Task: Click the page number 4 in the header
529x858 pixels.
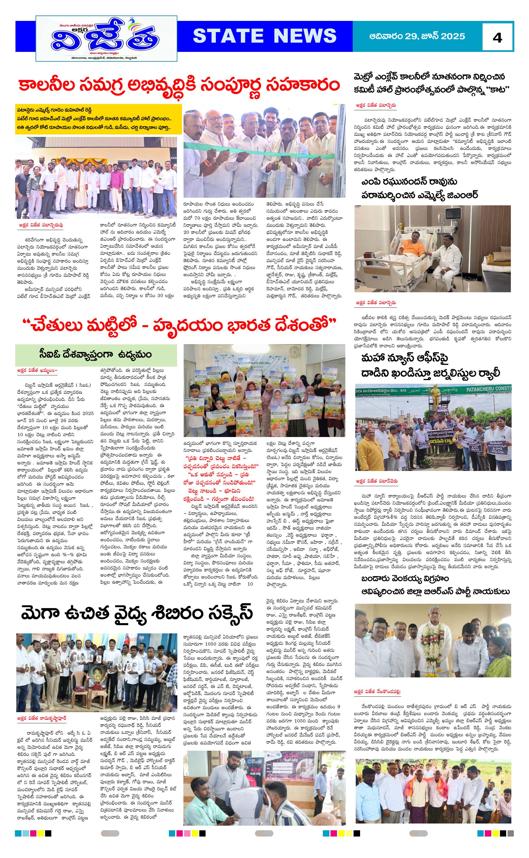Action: pyautogui.click(x=497, y=37)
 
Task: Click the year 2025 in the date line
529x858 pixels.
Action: pyautogui.click(x=453, y=36)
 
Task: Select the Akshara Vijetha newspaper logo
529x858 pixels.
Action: pyautogui.click(x=106, y=39)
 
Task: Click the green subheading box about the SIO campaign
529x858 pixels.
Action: pyautogui.click(x=96, y=354)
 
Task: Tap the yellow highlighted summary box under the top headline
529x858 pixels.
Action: pyautogui.click(x=98, y=119)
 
